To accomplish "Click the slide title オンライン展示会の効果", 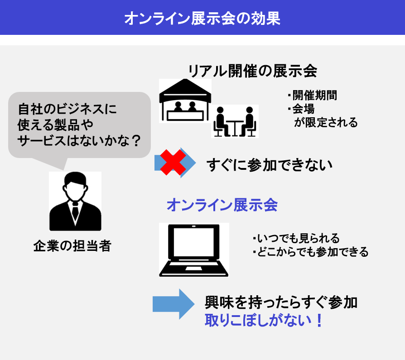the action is click(202, 18).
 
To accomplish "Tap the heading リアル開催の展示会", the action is click(253, 71).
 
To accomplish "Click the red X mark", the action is click(173, 163).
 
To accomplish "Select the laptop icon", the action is click(194, 250).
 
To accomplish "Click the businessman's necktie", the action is click(75, 210).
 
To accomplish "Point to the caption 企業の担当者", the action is click(72, 245).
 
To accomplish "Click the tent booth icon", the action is click(185, 100).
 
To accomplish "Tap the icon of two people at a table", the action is click(235, 121).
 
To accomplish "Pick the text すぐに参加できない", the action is click(270, 165).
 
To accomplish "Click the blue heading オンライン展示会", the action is click(222, 205).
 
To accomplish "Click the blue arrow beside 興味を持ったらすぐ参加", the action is click(174, 304).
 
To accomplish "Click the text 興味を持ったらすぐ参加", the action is click(281, 302).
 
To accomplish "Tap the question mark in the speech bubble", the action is click(136, 141).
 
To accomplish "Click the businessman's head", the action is click(75, 186).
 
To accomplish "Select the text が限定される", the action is click(326, 122).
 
